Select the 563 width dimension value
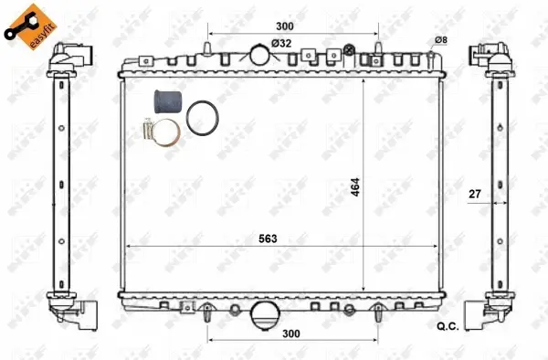click(268, 238)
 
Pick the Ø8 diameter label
click(440, 38)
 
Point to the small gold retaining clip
click(148, 132)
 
